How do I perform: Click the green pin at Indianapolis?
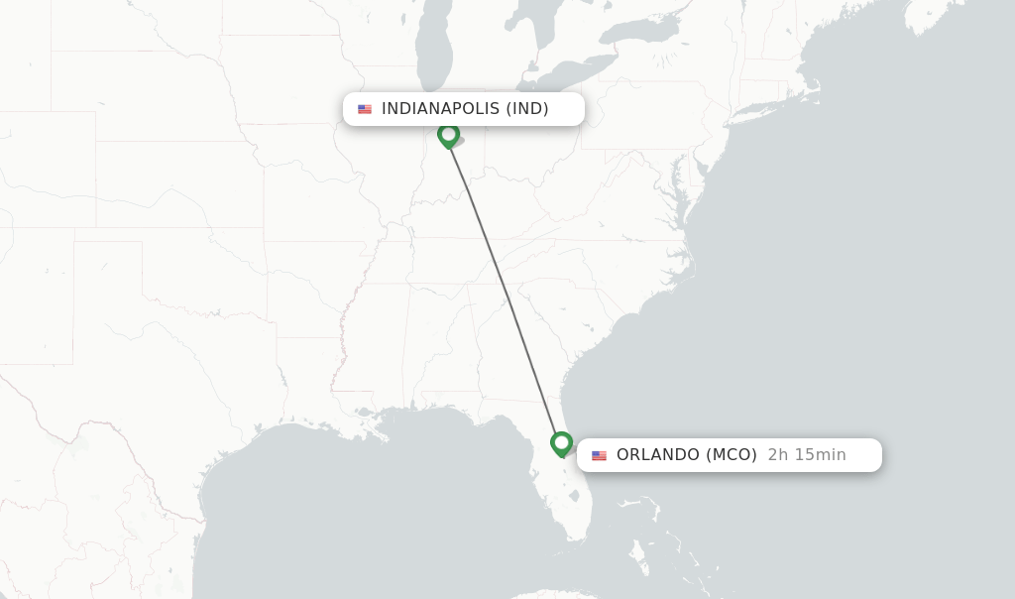448,134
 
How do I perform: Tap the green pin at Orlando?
562,442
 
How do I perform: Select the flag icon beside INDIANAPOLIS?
365,109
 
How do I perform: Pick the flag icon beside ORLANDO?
599,455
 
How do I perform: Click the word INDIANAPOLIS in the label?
440,109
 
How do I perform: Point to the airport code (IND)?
527,109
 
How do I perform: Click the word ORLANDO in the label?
658,455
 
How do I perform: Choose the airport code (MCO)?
732,455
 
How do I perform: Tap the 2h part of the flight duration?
778,455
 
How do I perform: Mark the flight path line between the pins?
506,288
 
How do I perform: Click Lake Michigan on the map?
433,60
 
